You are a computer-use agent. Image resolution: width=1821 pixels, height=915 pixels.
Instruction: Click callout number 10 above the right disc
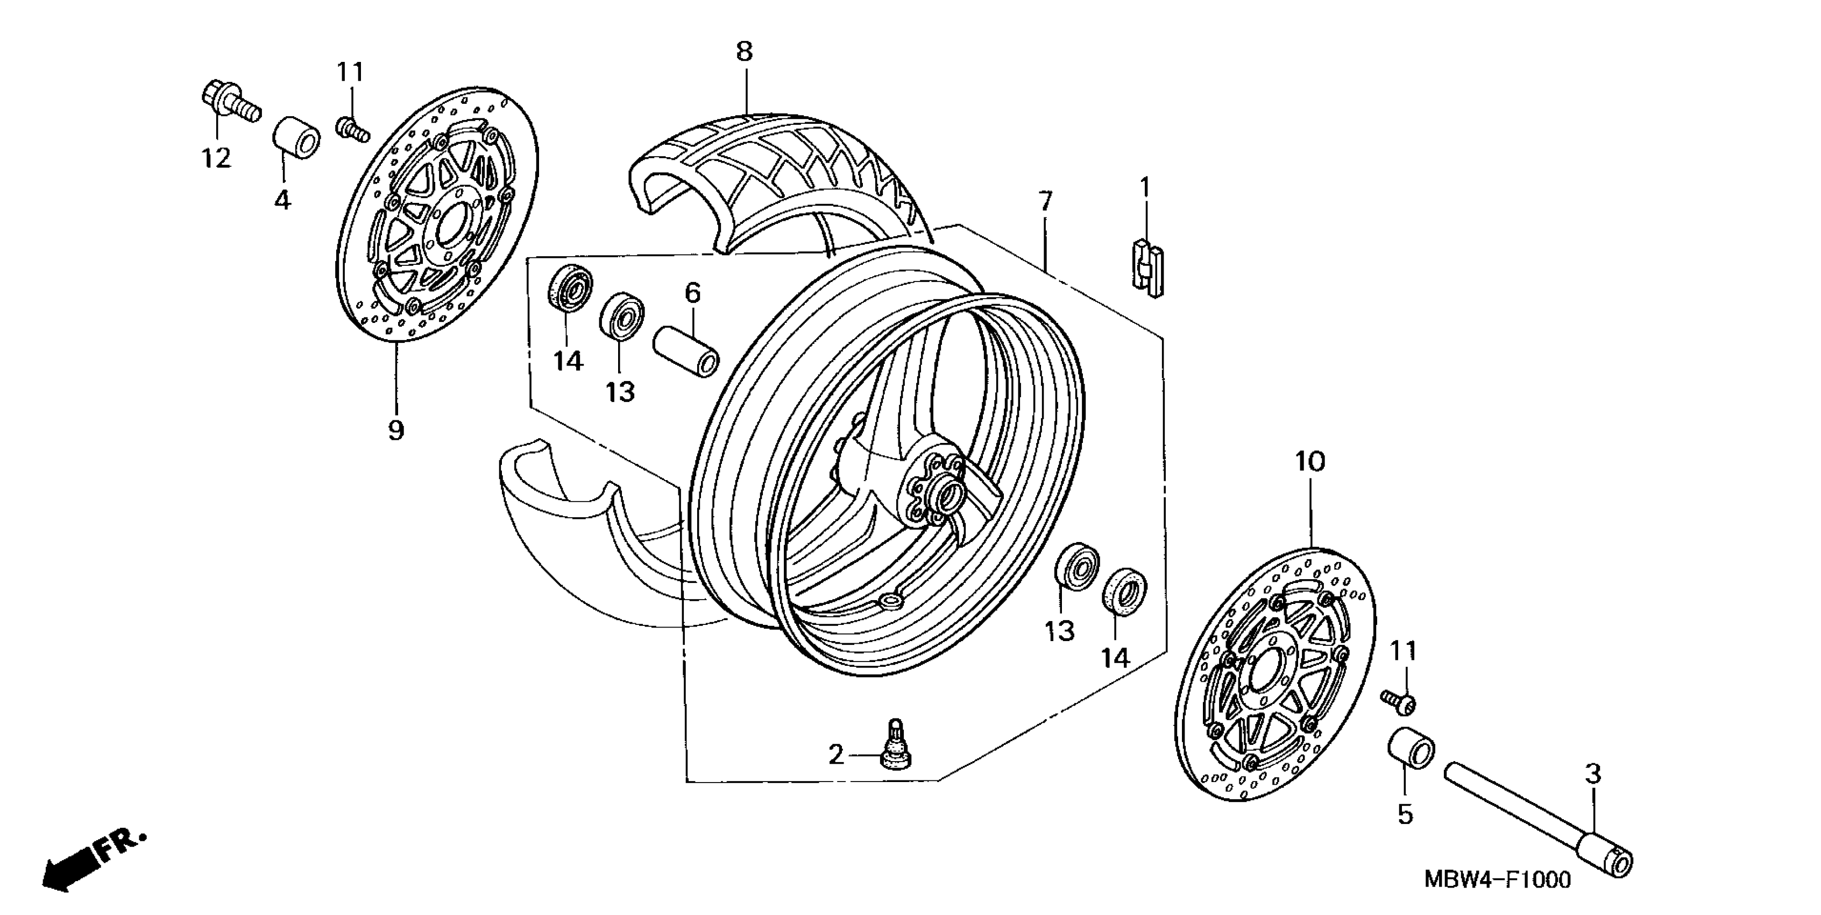pyautogui.click(x=1309, y=462)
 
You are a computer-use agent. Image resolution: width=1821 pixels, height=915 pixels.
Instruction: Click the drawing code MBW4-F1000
pyautogui.click(x=1497, y=879)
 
